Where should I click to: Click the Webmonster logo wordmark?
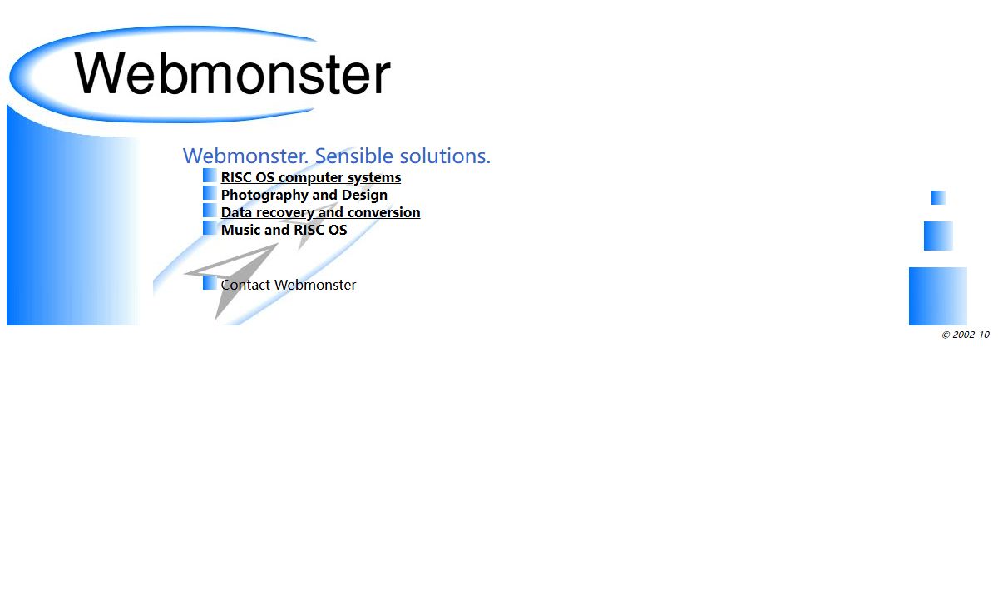point(233,72)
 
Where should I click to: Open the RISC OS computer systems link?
point(310,177)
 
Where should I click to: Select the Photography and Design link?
point(304,195)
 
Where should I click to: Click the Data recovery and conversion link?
point(320,212)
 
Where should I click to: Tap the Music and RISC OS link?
point(284,230)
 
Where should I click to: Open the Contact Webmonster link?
point(289,285)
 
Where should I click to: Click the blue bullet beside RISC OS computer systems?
point(210,176)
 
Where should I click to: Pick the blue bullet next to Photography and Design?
point(210,192)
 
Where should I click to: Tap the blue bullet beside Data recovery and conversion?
point(210,210)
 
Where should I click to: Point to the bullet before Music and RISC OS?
point(210,227)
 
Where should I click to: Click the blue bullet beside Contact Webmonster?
point(210,282)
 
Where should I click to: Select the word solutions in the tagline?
point(445,156)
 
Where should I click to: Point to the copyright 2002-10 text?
point(966,335)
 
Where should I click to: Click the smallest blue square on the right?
point(938,197)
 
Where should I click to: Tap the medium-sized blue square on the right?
point(938,236)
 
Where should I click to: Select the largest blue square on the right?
point(938,296)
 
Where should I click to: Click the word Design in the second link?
point(364,195)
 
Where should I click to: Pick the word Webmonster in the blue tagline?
point(245,156)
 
